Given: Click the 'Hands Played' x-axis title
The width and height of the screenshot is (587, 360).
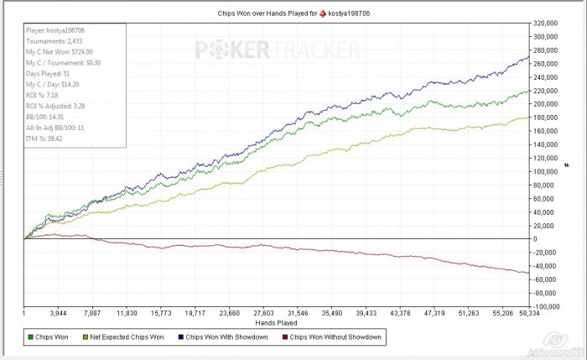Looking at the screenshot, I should pos(277,322).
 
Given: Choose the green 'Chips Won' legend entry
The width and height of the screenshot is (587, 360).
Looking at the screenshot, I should pos(52,337).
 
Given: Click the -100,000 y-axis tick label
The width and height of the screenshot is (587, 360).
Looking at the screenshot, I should pos(549,306).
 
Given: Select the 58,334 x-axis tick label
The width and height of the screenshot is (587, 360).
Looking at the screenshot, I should pos(527,312).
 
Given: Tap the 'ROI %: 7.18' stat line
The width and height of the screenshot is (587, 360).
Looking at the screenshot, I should pos(47,96).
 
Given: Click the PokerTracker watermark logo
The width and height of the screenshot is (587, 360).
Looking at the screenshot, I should pos(276,50).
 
